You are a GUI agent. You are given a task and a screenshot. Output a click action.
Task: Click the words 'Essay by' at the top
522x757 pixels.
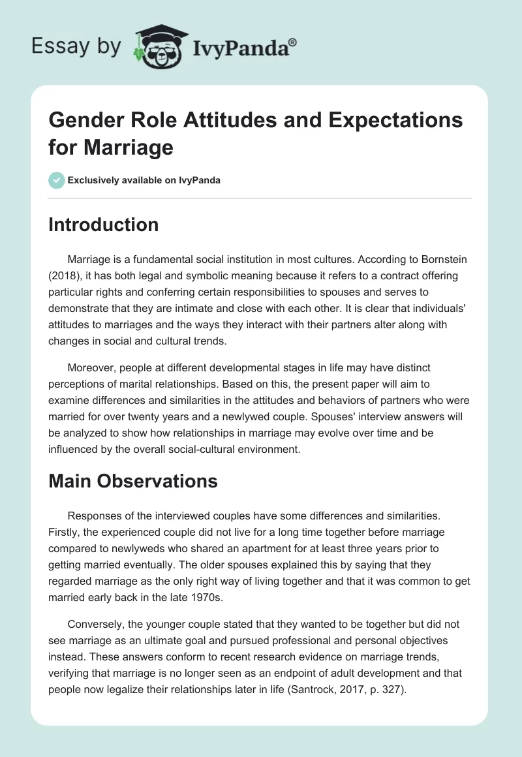pos(75,46)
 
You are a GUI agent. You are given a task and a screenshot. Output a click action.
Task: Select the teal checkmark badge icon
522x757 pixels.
pos(57,180)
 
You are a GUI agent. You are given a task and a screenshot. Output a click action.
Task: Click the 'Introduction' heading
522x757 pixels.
pos(104,224)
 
